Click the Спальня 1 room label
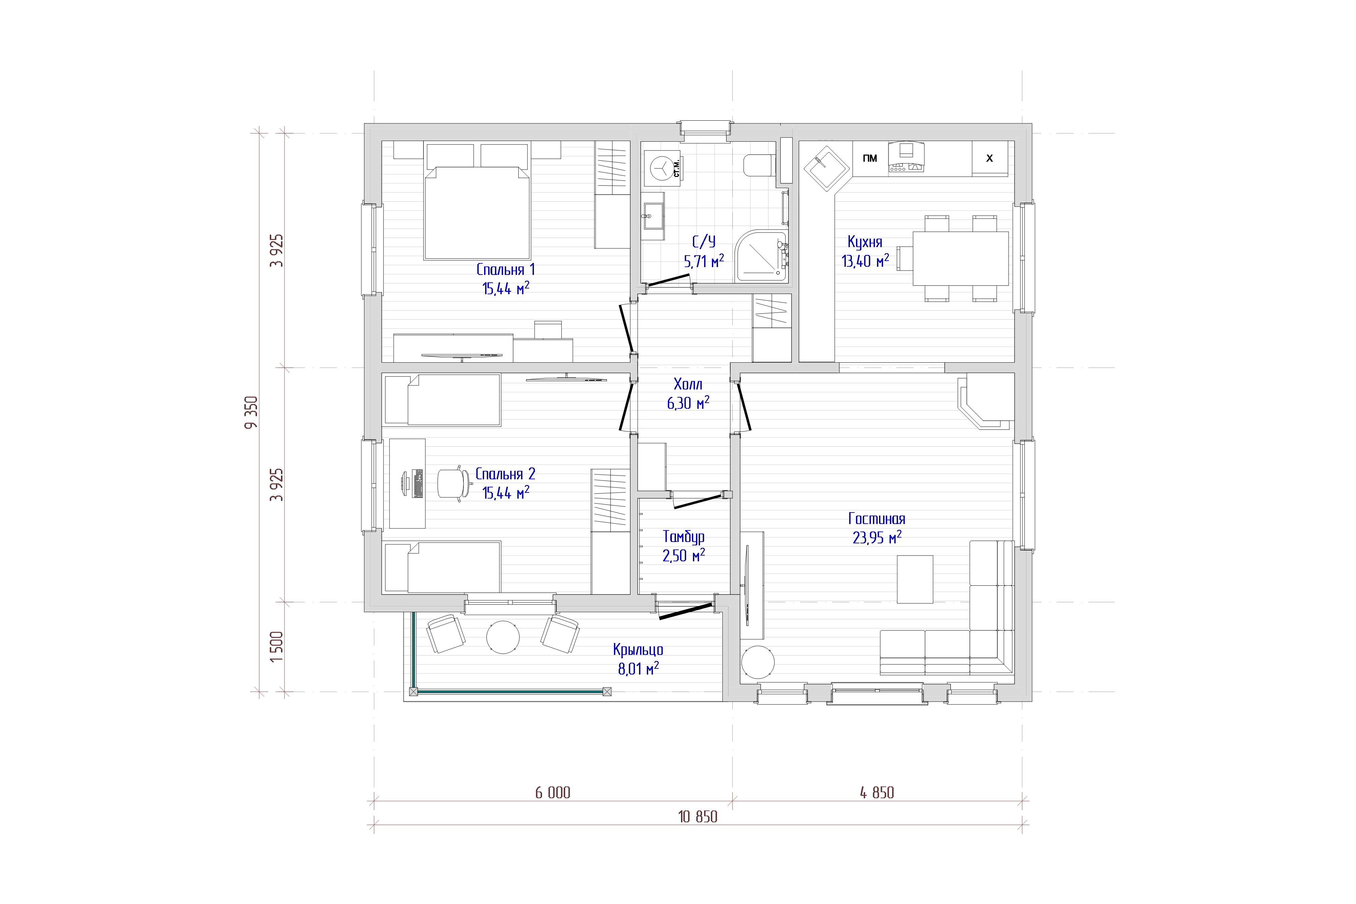(x=505, y=269)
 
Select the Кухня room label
(x=865, y=242)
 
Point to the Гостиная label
(x=876, y=518)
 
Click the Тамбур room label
(x=684, y=537)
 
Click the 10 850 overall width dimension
(x=698, y=816)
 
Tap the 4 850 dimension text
(x=877, y=793)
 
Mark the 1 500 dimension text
(x=277, y=646)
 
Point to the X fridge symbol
(x=989, y=158)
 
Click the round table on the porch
(x=503, y=637)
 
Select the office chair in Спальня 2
(x=453, y=483)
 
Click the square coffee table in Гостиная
(x=915, y=579)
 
